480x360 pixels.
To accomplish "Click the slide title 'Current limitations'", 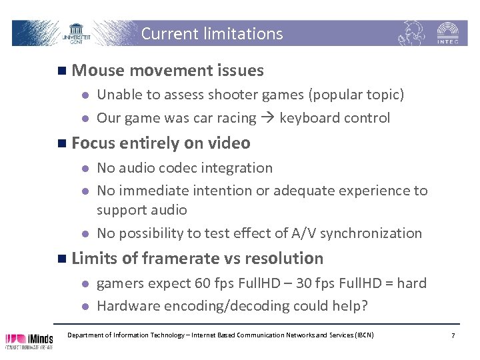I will [212, 33].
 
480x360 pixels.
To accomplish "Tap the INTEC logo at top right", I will [447, 33].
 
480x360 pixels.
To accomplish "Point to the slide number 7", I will [453, 335].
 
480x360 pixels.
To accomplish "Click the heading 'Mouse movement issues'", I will [167, 70].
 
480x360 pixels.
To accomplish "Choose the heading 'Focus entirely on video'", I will [161, 143].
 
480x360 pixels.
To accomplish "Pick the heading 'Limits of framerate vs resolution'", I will [197, 258].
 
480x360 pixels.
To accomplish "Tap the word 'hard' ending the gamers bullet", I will [411, 283].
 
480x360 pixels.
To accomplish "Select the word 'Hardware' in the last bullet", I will [127, 306].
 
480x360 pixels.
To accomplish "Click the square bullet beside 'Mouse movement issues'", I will [61, 71].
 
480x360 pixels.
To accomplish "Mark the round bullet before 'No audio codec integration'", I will [85, 168].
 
